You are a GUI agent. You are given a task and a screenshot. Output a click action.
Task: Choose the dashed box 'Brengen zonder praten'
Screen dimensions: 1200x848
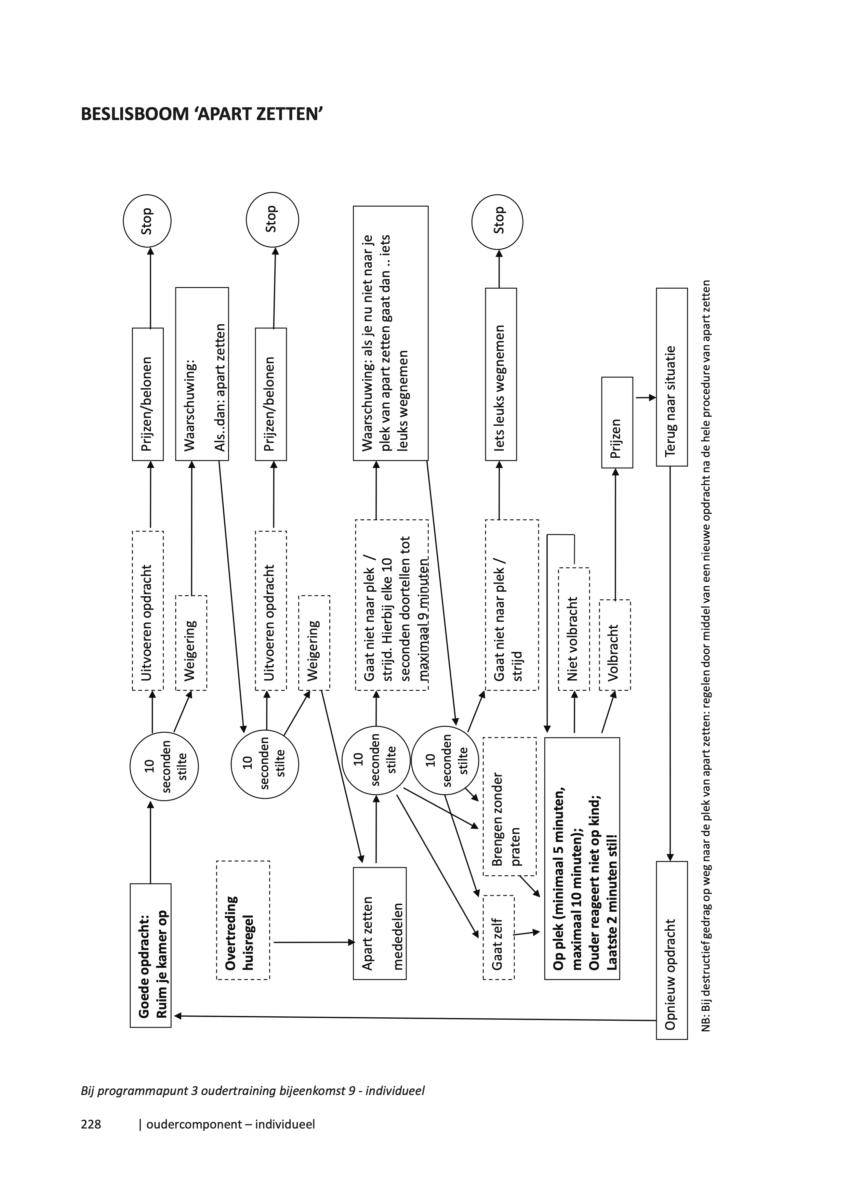click(x=509, y=812)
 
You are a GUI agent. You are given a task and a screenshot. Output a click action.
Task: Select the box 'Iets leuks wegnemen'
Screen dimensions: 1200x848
click(x=501, y=374)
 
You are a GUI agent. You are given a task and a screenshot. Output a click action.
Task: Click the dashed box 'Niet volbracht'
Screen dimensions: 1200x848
click(x=574, y=629)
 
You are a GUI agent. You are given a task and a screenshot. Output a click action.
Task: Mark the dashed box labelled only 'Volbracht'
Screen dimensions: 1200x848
click(x=614, y=645)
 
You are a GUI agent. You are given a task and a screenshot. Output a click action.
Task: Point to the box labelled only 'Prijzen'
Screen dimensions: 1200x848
click(x=617, y=422)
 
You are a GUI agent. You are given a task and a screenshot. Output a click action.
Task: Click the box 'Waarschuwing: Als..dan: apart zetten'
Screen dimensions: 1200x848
click(x=202, y=374)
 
